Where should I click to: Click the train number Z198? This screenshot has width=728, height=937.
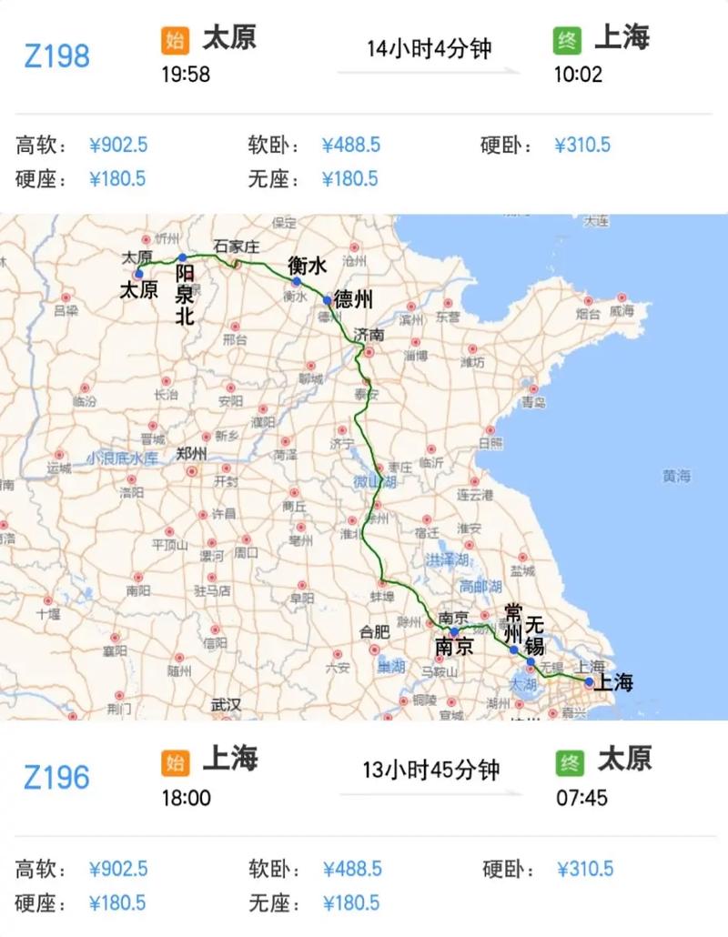pyautogui.click(x=56, y=56)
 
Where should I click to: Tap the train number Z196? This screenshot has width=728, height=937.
pyautogui.click(x=56, y=778)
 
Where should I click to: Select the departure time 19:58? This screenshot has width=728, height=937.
pyautogui.click(x=187, y=75)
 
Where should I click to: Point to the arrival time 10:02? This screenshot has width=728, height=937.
pyautogui.click(x=578, y=75)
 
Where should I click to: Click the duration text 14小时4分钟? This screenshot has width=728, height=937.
pyautogui.click(x=429, y=48)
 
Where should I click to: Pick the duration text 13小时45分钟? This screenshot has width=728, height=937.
pyautogui.click(x=432, y=770)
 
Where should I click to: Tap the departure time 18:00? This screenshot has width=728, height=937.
pyautogui.click(x=187, y=798)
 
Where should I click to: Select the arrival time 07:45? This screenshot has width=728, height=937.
pyautogui.click(x=580, y=798)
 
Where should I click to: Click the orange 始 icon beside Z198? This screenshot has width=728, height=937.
pyautogui.click(x=175, y=41)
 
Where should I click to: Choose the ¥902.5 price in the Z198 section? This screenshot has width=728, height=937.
pyautogui.click(x=118, y=146)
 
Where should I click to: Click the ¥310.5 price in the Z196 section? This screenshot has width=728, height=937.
pyautogui.click(x=584, y=869)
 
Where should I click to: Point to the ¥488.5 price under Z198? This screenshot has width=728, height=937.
pyautogui.click(x=350, y=146)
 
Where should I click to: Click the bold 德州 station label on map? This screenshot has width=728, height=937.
pyautogui.click(x=353, y=299)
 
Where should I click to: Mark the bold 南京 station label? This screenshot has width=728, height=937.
pyautogui.click(x=454, y=647)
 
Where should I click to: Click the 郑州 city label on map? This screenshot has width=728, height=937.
pyautogui.click(x=192, y=454)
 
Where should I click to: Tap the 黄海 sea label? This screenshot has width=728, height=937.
pyautogui.click(x=676, y=476)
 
